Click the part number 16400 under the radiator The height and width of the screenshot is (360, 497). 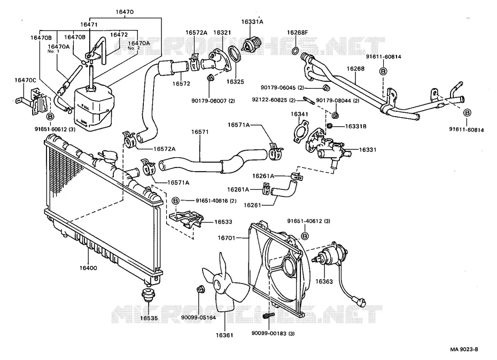[x=88, y=267]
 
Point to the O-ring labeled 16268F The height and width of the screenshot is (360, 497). [x=295, y=51]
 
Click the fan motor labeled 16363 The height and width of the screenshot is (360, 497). [x=330, y=255]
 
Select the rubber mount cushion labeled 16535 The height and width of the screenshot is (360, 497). [x=147, y=296]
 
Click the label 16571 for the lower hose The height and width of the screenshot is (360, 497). [x=200, y=132]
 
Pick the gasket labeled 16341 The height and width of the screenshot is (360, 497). [x=300, y=131]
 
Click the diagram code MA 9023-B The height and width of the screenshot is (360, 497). [x=464, y=349]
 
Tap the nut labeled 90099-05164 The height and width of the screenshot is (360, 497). [x=200, y=289]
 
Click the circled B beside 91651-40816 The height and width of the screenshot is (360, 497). [x=176, y=201]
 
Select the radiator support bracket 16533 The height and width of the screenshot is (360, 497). [x=187, y=219]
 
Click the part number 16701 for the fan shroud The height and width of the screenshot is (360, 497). [x=227, y=238]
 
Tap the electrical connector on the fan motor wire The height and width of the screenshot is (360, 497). [x=361, y=300]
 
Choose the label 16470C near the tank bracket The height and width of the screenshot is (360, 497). [x=25, y=80]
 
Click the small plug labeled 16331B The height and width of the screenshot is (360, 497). [x=330, y=126]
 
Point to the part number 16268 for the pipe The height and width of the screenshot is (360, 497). [x=355, y=68]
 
